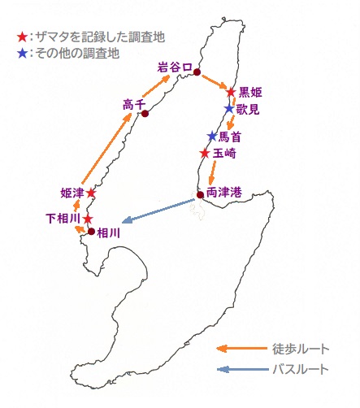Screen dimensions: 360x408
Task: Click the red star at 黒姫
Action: tap(231, 92)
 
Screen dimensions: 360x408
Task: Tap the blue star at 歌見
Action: tap(229, 109)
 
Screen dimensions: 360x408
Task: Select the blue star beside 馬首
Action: tap(212, 136)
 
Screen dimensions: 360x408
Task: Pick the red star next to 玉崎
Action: tap(205, 154)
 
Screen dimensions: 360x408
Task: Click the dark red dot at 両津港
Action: tap(200, 195)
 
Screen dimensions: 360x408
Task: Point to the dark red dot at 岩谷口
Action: tap(197, 72)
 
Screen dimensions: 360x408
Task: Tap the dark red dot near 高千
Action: tap(145, 113)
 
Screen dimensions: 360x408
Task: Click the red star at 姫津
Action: tap(91, 193)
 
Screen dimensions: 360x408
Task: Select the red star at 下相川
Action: tap(89, 219)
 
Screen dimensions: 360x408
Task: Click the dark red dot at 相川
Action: tap(92, 232)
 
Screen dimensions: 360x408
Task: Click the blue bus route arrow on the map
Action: tap(158, 211)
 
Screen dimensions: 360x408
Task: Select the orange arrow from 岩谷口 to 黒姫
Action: tap(214, 81)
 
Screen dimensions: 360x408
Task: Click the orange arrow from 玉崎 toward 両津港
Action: tap(212, 173)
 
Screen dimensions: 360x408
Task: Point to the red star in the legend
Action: tap(22, 37)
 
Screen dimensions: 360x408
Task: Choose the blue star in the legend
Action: tap(22, 53)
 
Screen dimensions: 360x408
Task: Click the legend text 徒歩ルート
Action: tap(301, 349)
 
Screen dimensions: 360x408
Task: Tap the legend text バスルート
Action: tap(301, 369)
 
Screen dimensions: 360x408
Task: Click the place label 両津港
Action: tap(224, 193)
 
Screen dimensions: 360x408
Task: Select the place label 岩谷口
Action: tap(175, 67)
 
